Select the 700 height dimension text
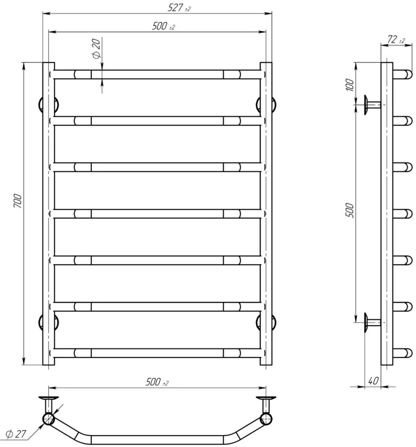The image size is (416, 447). (18, 201)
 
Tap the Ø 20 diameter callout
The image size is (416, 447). (97, 49)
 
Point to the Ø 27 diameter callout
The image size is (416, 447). (16, 434)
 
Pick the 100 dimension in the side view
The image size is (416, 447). (350, 85)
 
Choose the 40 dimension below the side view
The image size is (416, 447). (373, 380)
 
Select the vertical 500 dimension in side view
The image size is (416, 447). (350, 210)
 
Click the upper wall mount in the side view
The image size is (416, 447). (372, 105)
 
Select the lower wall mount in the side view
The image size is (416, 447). (372, 322)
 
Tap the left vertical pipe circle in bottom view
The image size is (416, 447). (49, 419)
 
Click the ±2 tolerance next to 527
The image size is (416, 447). (188, 9)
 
